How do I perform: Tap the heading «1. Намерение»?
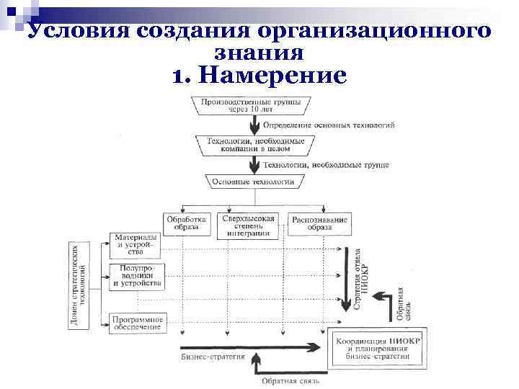[x=259, y=74]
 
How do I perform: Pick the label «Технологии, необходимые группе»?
[x=325, y=164]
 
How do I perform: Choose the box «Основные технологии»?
[x=253, y=182]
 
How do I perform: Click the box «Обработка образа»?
[x=186, y=223]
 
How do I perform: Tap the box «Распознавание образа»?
[x=320, y=223]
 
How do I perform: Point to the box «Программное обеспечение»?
[x=138, y=323]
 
